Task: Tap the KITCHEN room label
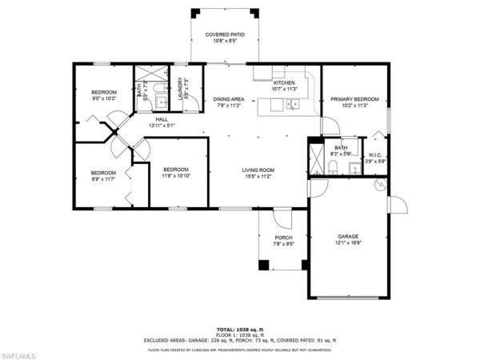tap(284, 83)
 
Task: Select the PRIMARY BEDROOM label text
tap(354, 99)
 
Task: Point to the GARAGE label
tap(347, 236)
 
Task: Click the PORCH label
tap(283, 238)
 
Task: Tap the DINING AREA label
tap(228, 99)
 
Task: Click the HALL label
tap(162, 120)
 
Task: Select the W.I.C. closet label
tap(374, 155)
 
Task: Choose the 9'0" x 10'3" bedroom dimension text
tap(103, 98)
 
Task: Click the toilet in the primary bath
tap(333, 167)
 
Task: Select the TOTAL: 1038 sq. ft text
tap(239, 329)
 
